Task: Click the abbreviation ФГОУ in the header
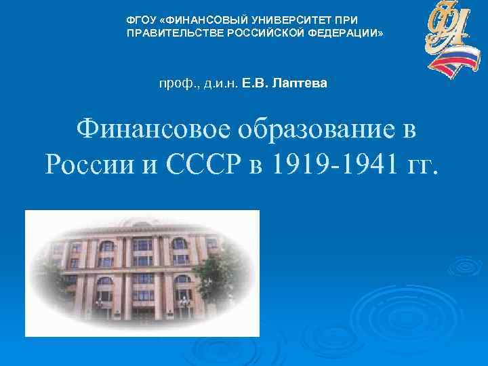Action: click(x=140, y=20)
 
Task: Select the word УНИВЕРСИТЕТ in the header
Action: click(x=270, y=20)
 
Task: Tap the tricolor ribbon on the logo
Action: click(x=453, y=64)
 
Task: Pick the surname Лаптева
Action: click(x=300, y=84)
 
